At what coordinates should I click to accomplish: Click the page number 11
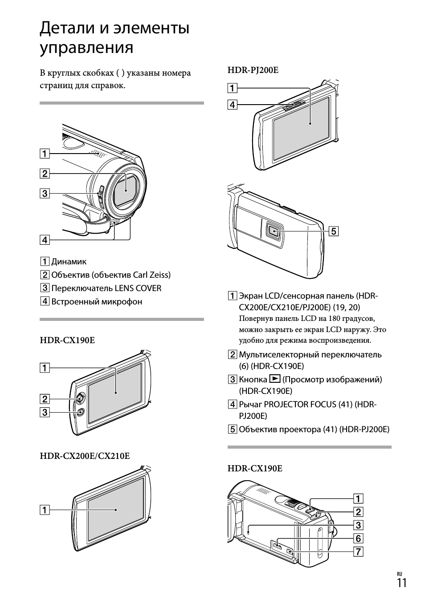[401, 584]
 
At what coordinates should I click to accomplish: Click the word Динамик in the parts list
[69, 262]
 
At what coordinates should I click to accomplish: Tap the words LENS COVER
[138, 288]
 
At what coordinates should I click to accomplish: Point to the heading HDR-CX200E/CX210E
[85, 456]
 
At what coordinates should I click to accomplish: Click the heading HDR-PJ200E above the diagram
[253, 70]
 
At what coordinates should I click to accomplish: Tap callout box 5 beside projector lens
[334, 231]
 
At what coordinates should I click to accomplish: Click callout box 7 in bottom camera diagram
[358, 552]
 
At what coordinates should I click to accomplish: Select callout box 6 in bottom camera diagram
[358, 539]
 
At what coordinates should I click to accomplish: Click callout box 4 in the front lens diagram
[45, 240]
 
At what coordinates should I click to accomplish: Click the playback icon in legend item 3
[275, 379]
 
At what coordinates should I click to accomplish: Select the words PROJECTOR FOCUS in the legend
[294, 405]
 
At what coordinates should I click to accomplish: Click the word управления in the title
[86, 48]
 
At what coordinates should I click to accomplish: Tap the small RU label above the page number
[399, 574]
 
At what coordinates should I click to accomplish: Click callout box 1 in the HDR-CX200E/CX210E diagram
[45, 510]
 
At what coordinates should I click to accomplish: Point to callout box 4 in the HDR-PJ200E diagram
[232, 105]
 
